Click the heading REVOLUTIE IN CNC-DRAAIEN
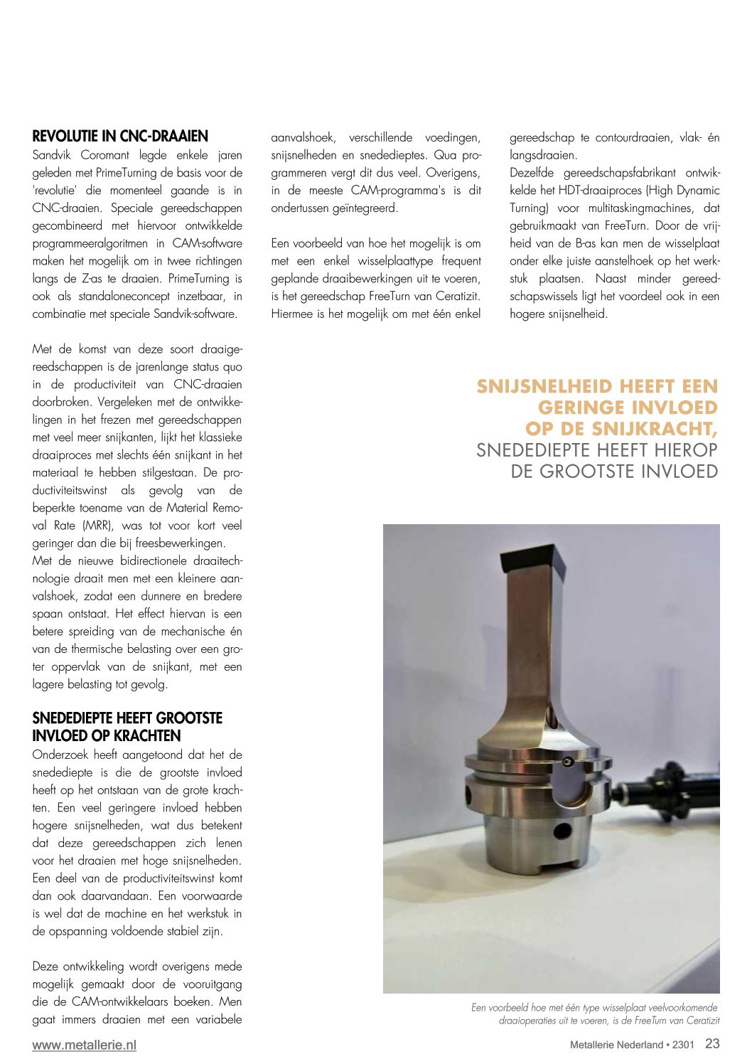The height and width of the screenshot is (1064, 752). [x=120, y=137]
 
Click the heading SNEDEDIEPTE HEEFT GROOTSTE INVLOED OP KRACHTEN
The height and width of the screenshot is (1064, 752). [x=127, y=726]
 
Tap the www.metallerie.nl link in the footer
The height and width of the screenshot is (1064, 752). [x=84, y=1045]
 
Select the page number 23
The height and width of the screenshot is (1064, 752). [x=712, y=1043]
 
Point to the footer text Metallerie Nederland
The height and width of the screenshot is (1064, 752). [x=616, y=1045]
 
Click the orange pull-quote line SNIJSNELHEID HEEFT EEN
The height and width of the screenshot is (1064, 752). [x=597, y=386]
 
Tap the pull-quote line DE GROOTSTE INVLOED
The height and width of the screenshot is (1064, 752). [x=614, y=472]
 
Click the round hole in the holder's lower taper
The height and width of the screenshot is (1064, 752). [x=562, y=830]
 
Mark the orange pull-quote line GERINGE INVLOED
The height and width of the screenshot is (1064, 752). [x=628, y=408]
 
